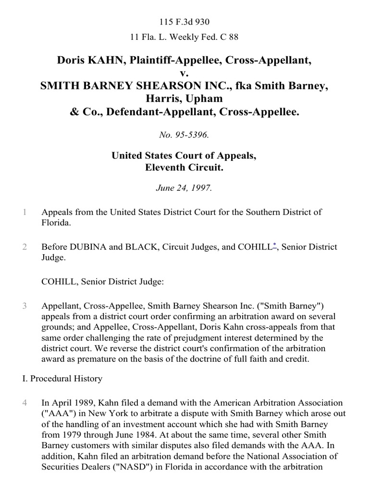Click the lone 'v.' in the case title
(184, 74)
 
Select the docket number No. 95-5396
(184, 135)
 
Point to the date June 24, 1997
(184, 188)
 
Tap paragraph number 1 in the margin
(25, 212)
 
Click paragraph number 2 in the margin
(25, 247)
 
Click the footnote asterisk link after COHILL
(274, 246)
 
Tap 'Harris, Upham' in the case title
(184, 99)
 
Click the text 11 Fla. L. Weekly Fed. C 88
(184, 37)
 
